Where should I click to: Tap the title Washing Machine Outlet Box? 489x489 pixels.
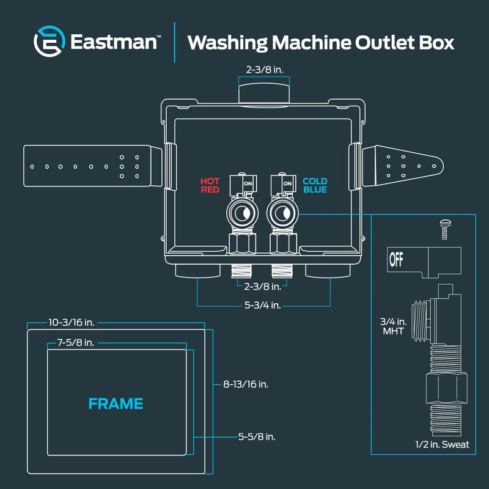point(321,42)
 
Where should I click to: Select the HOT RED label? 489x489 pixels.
point(210,185)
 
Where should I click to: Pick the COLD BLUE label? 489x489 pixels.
point(315,185)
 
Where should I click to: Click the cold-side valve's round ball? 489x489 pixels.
point(281,214)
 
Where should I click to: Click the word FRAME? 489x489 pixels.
point(116,403)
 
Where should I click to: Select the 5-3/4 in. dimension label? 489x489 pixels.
point(263,305)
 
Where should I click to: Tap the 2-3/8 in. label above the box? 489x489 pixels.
point(265,70)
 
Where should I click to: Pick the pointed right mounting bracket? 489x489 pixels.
point(406,165)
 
